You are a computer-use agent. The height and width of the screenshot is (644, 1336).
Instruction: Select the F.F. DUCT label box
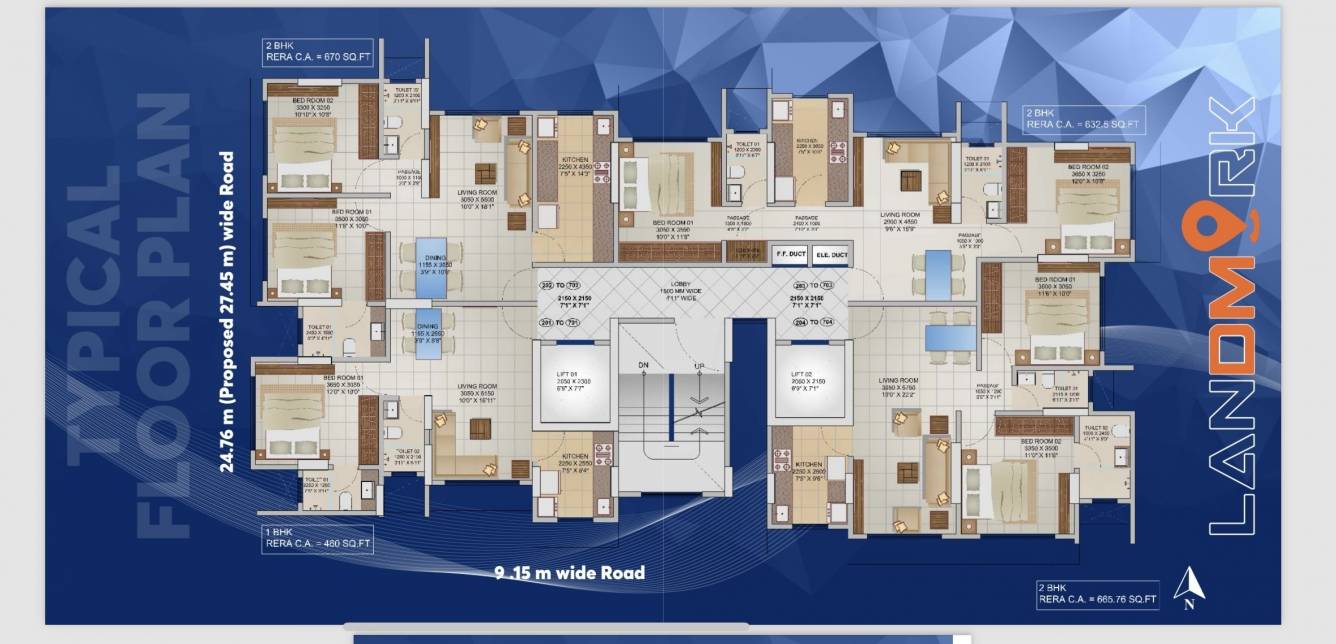pos(790,255)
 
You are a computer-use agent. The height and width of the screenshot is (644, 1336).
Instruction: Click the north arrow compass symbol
pos(1188,588)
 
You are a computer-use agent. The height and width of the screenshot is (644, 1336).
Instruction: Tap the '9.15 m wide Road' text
pos(570,573)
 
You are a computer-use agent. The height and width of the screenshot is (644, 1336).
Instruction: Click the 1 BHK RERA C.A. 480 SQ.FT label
pos(318,539)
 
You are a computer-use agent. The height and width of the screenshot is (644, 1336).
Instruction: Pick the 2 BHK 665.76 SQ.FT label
pos(1098,595)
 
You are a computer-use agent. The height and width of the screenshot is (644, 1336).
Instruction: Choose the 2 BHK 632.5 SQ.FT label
pos(1083,119)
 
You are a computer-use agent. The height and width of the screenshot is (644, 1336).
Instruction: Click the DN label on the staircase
pos(644,365)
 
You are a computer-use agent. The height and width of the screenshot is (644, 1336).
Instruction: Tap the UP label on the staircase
pos(699,365)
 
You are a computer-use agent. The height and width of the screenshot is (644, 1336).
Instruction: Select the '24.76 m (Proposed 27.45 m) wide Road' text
pos(228,311)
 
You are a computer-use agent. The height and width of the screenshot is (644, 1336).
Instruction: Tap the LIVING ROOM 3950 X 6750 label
pos(898,386)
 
